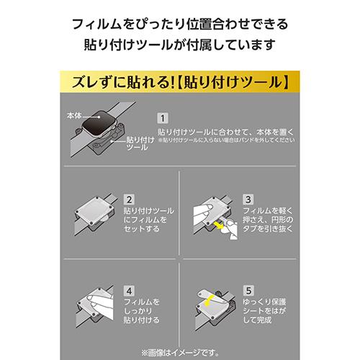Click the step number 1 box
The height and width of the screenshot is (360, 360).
(163, 118)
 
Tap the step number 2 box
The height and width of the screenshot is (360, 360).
(129, 199)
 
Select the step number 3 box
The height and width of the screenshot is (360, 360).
(248, 199)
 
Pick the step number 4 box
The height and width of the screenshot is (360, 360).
(129, 291)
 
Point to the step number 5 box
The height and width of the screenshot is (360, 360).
(248, 291)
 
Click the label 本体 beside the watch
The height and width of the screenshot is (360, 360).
(74, 116)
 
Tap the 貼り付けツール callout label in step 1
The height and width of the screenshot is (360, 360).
(140, 143)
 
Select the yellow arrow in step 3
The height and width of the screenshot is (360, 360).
(218, 225)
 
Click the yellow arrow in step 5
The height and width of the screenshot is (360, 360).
(209, 301)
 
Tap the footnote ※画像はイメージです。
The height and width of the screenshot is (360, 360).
(180, 353)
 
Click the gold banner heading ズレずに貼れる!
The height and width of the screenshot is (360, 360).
(123, 82)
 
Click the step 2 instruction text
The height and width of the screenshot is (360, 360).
(148, 220)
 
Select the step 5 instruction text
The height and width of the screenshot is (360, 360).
(264, 311)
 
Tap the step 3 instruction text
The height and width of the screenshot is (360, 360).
(268, 220)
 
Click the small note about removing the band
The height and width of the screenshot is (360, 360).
(226, 140)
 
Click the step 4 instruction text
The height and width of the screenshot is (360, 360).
(141, 311)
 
